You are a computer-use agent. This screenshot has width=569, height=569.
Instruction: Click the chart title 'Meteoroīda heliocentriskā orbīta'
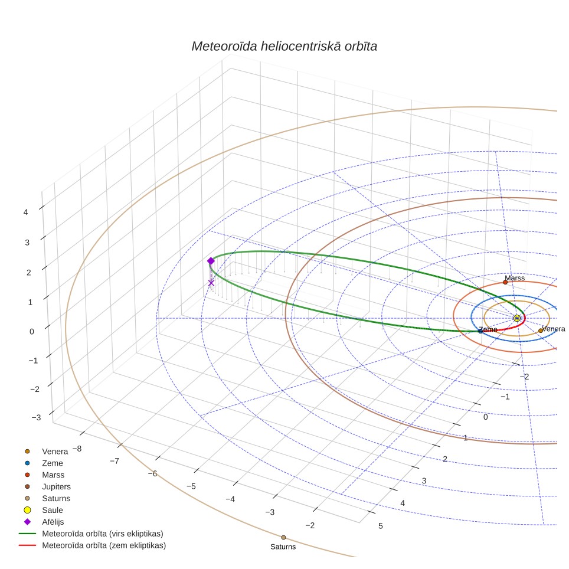pos(284,47)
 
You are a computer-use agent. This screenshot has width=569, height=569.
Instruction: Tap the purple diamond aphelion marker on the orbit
pos(211,261)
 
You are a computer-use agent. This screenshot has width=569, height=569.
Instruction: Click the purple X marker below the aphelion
pos(211,283)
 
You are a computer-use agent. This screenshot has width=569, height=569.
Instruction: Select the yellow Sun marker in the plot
pos(516,318)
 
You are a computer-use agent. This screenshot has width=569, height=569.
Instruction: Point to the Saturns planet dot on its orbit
pos(283,538)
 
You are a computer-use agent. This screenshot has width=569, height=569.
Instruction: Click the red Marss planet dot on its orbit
pos(505,282)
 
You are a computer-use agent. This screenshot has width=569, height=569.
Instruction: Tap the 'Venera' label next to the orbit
pos(554,329)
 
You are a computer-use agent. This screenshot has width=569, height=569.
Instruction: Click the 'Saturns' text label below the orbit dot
pos(283,547)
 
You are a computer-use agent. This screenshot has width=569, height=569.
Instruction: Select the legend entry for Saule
pos(44,510)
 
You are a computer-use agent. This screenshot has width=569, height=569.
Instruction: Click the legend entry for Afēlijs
pos(44,522)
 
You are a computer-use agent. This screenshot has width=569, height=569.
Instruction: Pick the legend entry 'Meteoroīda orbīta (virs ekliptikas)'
pos(91,534)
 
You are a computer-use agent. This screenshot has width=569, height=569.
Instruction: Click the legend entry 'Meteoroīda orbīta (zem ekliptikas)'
pos(93,545)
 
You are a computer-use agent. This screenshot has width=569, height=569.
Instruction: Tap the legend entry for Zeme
pos(44,463)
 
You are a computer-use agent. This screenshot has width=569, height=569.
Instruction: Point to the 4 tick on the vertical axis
pos(25,212)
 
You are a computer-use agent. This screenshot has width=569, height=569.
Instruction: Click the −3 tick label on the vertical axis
pos(36,417)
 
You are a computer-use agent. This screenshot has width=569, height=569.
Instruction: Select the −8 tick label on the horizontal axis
pos(77,449)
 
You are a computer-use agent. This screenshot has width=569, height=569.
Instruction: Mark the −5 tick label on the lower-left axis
pos(191,486)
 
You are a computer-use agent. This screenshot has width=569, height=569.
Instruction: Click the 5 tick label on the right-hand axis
pos(381,526)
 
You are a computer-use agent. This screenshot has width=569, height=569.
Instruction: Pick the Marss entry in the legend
pos(44,475)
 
